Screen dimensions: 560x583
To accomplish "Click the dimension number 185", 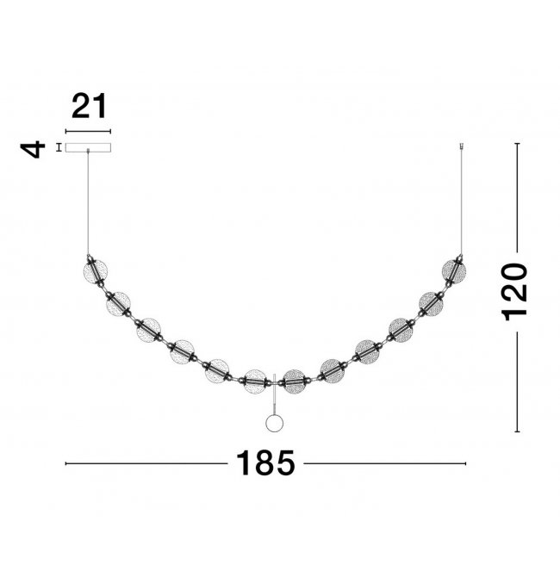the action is [x=265, y=463].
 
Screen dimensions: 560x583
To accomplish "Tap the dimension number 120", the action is [x=515, y=292].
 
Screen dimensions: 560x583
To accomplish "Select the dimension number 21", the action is [x=89, y=106].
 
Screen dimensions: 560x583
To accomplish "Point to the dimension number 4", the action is [x=33, y=150].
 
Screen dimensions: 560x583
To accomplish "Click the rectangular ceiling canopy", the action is [x=88, y=147].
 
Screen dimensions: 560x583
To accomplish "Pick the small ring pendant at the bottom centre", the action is [x=275, y=424].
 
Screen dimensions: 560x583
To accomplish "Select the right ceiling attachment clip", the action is [x=462, y=146].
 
